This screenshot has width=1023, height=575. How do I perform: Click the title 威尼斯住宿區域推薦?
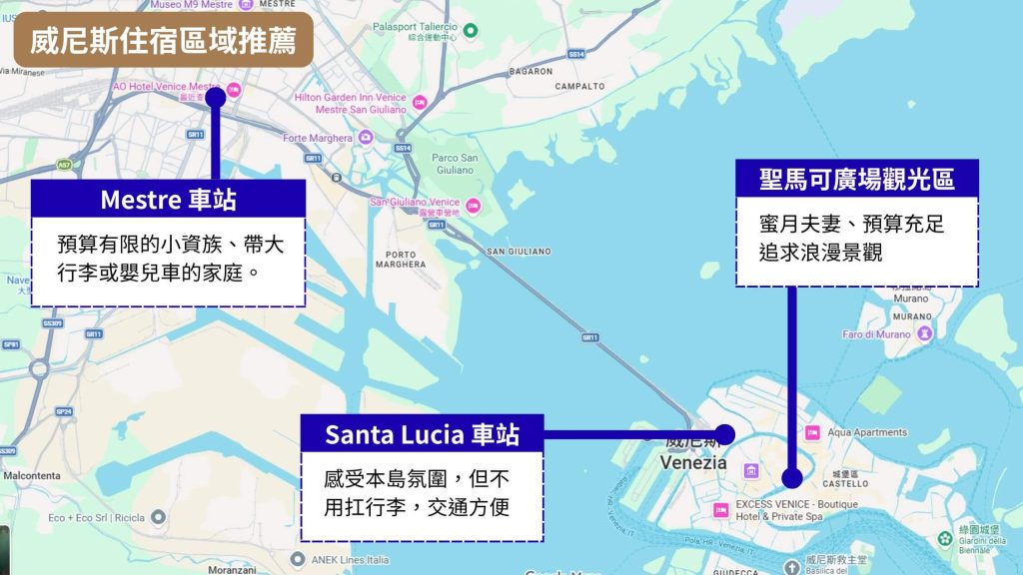point(163,41)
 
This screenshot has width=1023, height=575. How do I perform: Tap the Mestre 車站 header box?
point(168,199)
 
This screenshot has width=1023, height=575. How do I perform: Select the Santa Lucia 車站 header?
point(422,434)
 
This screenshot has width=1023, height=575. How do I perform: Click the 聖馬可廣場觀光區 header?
point(857,179)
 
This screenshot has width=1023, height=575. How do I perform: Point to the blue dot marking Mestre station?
point(215,97)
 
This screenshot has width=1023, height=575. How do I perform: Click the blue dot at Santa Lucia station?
point(725,434)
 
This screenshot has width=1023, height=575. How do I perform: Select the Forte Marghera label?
point(317,138)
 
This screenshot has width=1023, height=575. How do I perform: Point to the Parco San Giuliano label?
point(454,163)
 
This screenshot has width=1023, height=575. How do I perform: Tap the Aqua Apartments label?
point(867,432)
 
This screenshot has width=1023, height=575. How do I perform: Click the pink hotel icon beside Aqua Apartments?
point(812,432)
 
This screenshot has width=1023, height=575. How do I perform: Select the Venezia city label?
point(693,463)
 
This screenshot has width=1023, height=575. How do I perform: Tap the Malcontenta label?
point(33,476)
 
